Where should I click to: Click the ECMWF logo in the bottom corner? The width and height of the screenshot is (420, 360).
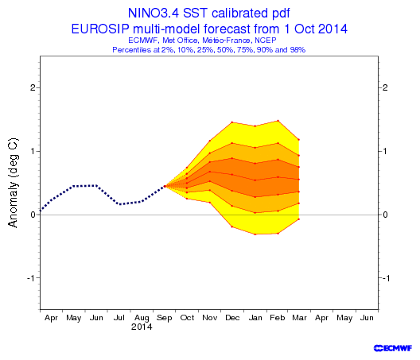point(393,348)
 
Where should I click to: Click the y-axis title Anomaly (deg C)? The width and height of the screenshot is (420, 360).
point(13,183)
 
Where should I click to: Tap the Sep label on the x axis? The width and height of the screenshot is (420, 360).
point(164,318)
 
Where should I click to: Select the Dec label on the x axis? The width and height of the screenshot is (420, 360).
point(232,318)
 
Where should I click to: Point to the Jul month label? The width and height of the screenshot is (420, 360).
point(119,318)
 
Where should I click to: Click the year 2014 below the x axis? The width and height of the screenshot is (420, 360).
point(142,327)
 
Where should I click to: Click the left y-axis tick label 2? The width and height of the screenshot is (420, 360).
point(33,87)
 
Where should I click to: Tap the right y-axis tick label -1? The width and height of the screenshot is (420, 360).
point(386,278)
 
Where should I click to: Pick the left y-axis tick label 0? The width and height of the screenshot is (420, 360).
point(33,215)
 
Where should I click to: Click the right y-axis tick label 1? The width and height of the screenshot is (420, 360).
point(385,151)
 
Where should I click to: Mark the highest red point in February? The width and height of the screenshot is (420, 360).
point(278,121)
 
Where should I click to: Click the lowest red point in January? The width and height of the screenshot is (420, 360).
point(255,234)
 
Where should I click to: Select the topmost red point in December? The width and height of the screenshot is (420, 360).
point(232,122)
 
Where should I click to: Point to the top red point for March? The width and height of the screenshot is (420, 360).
point(298,139)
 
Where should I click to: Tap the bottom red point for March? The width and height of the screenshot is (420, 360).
point(298,219)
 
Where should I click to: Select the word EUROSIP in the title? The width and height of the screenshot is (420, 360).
point(100,29)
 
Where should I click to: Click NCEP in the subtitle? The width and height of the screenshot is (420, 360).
point(266,41)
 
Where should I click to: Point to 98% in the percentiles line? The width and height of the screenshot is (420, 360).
point(297,50)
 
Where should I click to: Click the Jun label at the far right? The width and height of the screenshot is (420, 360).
point(367,318)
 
